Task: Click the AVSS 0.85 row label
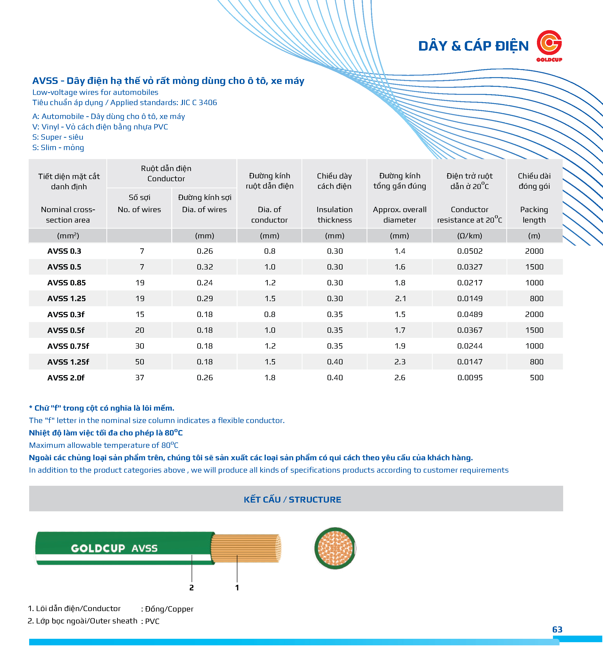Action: click(x=67, y=283)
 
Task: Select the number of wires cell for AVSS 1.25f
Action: click(x=140, y=362)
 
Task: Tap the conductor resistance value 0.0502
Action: click(x=470, y=251)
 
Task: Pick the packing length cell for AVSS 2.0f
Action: click(x=536, y=378)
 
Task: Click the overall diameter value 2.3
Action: click(x=400, y=362)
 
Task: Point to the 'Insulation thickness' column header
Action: click(x=335, y=215)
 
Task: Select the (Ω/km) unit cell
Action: click(x=469, y=236)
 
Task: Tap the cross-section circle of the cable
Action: click(x=335, y=549)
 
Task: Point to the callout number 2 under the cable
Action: click(x=191, y=588)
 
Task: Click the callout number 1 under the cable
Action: click(x=237, y=588)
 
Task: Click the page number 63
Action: click(x=557, y=630)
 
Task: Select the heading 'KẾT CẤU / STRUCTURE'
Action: click(x=292, y=499)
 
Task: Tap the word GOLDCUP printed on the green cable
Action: click(x=98, y=549)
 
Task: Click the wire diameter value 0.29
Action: click(x=205, y=298)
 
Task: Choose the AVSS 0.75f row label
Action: click(x=68, y=346)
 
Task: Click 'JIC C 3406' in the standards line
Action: click(x=198, y=102)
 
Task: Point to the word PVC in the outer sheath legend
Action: click(x=152, y=621)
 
